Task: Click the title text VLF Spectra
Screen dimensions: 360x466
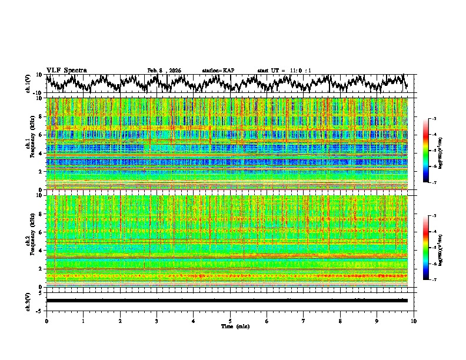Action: [x=66, y=70]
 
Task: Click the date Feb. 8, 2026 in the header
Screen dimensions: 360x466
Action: [x=164, y=71]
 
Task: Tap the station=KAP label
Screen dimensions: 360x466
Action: [x=218, y=71]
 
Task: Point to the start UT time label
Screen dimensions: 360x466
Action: [x=284, y=71]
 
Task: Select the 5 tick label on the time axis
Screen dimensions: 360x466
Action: [x=230, y=321]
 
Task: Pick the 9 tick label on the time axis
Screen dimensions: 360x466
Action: [x=377, y=321]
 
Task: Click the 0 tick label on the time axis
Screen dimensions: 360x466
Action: [x=46, y=321]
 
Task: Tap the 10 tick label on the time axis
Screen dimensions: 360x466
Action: [x=414, y=321]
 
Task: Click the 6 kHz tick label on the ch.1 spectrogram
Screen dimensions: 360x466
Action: [x=41, y=135]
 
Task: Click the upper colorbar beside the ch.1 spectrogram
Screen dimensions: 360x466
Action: [x=426, y=151]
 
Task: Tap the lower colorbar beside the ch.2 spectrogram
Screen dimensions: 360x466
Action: [x=426, y=248]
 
